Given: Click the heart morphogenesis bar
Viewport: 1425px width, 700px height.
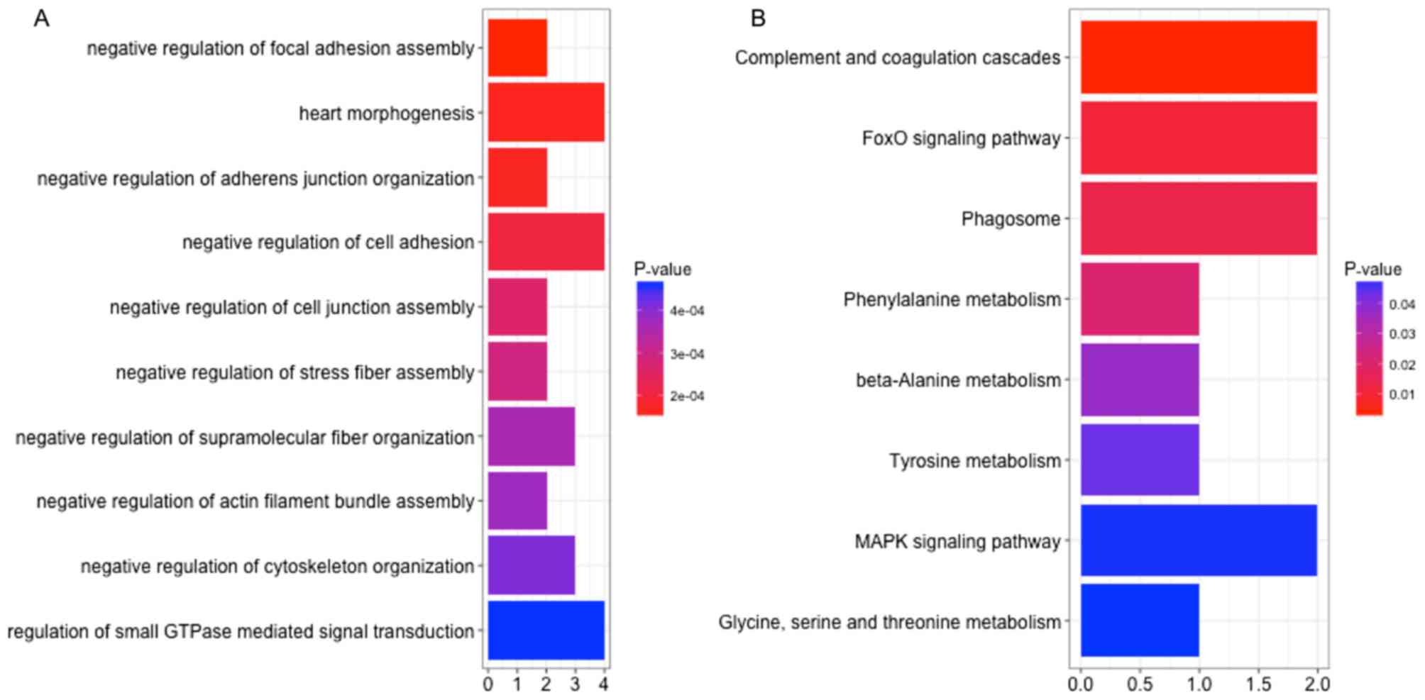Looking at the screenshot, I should pos(546,112).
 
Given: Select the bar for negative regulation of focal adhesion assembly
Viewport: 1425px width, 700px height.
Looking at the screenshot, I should pos(517,48).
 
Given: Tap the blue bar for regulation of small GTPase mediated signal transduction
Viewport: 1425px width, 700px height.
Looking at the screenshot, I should pos(546,630).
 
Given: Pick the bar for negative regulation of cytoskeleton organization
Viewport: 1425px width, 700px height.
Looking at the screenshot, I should pos(531,565).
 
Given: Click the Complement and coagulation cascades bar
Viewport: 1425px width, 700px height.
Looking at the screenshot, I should pos(1198,57).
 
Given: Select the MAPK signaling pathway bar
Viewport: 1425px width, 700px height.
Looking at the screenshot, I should pos(1198,540).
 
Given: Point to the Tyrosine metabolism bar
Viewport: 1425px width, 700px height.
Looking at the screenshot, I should pos(1139,460).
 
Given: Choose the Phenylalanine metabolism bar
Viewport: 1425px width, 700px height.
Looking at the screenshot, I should pos(1139,299).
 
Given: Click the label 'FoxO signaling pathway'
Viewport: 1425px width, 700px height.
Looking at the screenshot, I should pos(961,138).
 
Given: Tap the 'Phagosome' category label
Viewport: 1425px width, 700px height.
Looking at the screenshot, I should pos(1011,218).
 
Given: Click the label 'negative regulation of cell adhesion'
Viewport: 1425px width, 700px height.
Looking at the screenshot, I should pos(328,242).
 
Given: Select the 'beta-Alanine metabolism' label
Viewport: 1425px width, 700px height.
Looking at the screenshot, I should pos(958,380).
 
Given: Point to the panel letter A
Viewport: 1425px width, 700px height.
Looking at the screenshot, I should pos(41,18).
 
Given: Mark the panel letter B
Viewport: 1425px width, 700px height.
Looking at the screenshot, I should pos(758,18).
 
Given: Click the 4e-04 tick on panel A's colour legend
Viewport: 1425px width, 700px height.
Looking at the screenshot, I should pos(687,311).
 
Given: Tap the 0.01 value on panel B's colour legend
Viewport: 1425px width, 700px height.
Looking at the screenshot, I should pos(1402,394).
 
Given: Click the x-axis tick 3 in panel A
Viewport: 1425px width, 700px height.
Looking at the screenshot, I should pos(575,684).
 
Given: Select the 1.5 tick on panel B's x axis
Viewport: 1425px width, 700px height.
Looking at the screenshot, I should pos(1258,684).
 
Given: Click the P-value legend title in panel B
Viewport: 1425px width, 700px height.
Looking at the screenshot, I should pos(1372,270).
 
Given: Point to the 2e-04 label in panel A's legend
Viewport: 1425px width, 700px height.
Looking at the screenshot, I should pos(687,396).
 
